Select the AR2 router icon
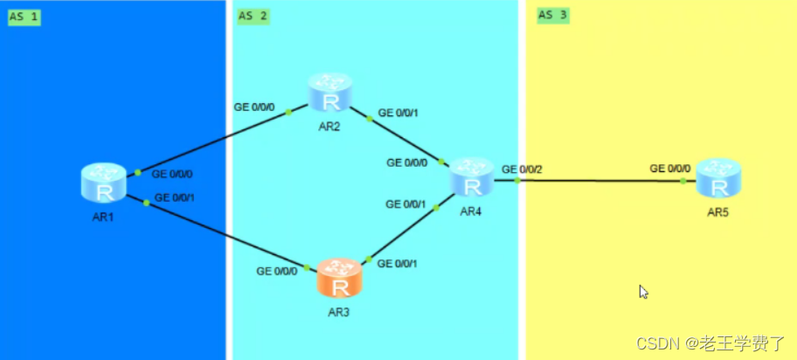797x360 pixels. pos(329,93)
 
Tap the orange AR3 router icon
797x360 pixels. pos(338,278)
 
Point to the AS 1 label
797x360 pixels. pos(24,17)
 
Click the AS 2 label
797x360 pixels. pos(253,16)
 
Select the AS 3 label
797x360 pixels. pos(552,15)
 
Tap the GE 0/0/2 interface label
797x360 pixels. pos(522,169)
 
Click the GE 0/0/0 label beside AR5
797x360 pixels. pos(670,169)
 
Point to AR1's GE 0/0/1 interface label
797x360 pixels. pos(174,198)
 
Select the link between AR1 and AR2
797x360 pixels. pos(218,140)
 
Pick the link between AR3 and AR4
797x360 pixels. pos(411,232)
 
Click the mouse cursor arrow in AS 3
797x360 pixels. pos(644,292)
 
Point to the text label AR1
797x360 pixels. pos(102,217)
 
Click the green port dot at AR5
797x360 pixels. pos(683,181)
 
